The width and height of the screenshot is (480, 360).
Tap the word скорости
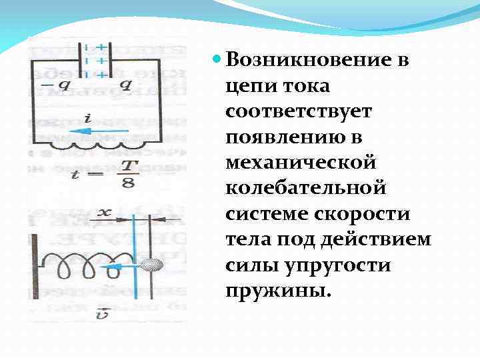360,213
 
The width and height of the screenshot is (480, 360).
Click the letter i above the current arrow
87,118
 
